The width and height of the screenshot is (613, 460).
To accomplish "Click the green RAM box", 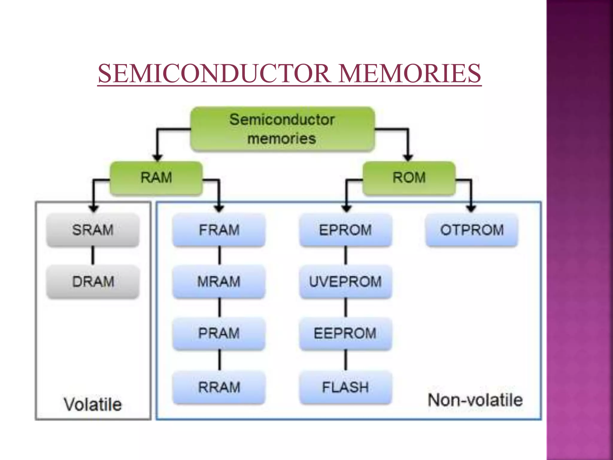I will [x=156, y=178].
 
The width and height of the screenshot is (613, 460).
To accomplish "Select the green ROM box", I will [x=409, y=178].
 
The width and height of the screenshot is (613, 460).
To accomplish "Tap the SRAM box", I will [x=93, y=230].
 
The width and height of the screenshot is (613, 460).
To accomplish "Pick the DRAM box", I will [x=93, y=282].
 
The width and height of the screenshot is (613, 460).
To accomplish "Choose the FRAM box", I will [x=219, y=230].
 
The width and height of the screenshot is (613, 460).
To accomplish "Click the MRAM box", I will [x=219, y=282].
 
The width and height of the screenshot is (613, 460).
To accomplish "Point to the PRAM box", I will [x=219, y=333].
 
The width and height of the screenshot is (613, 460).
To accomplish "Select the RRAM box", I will [x=219, y=387].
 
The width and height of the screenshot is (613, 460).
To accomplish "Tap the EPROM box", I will [x=345, y=230].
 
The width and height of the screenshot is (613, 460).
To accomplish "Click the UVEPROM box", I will [x=345, y=282].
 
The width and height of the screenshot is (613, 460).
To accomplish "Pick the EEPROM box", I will [x=345, y=333].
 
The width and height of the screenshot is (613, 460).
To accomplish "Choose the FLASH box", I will [x=345, y=387].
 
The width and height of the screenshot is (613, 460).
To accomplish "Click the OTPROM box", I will [x=472, y=230].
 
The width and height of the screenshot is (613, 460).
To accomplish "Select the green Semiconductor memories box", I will [x=282, y=129].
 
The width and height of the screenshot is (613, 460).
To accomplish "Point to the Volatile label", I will [x=93, y=404].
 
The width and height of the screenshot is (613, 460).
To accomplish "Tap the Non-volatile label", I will [x=475, y=400].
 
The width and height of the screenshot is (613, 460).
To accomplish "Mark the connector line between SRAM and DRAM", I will [x=93, y=255].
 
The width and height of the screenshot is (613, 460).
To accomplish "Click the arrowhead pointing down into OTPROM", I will [x=471, y=209].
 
